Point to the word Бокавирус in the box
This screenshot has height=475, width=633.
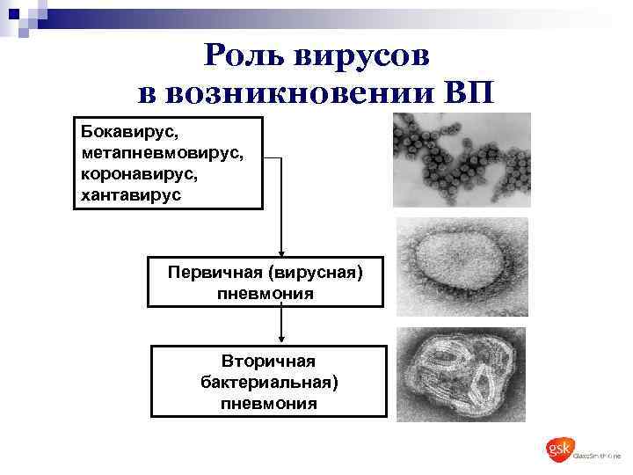click(x=129, y=133)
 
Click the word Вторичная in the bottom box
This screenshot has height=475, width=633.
click(x=268, y=362)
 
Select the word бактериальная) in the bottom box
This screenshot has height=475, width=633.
click(x=268, y=383)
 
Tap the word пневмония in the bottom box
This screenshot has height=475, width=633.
click(x=268, y=404)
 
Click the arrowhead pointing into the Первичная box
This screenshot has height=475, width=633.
click(x=280, y=252)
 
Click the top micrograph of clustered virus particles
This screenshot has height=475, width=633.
click(x=461, y=162)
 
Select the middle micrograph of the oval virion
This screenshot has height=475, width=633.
click(x=461, y=267)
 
